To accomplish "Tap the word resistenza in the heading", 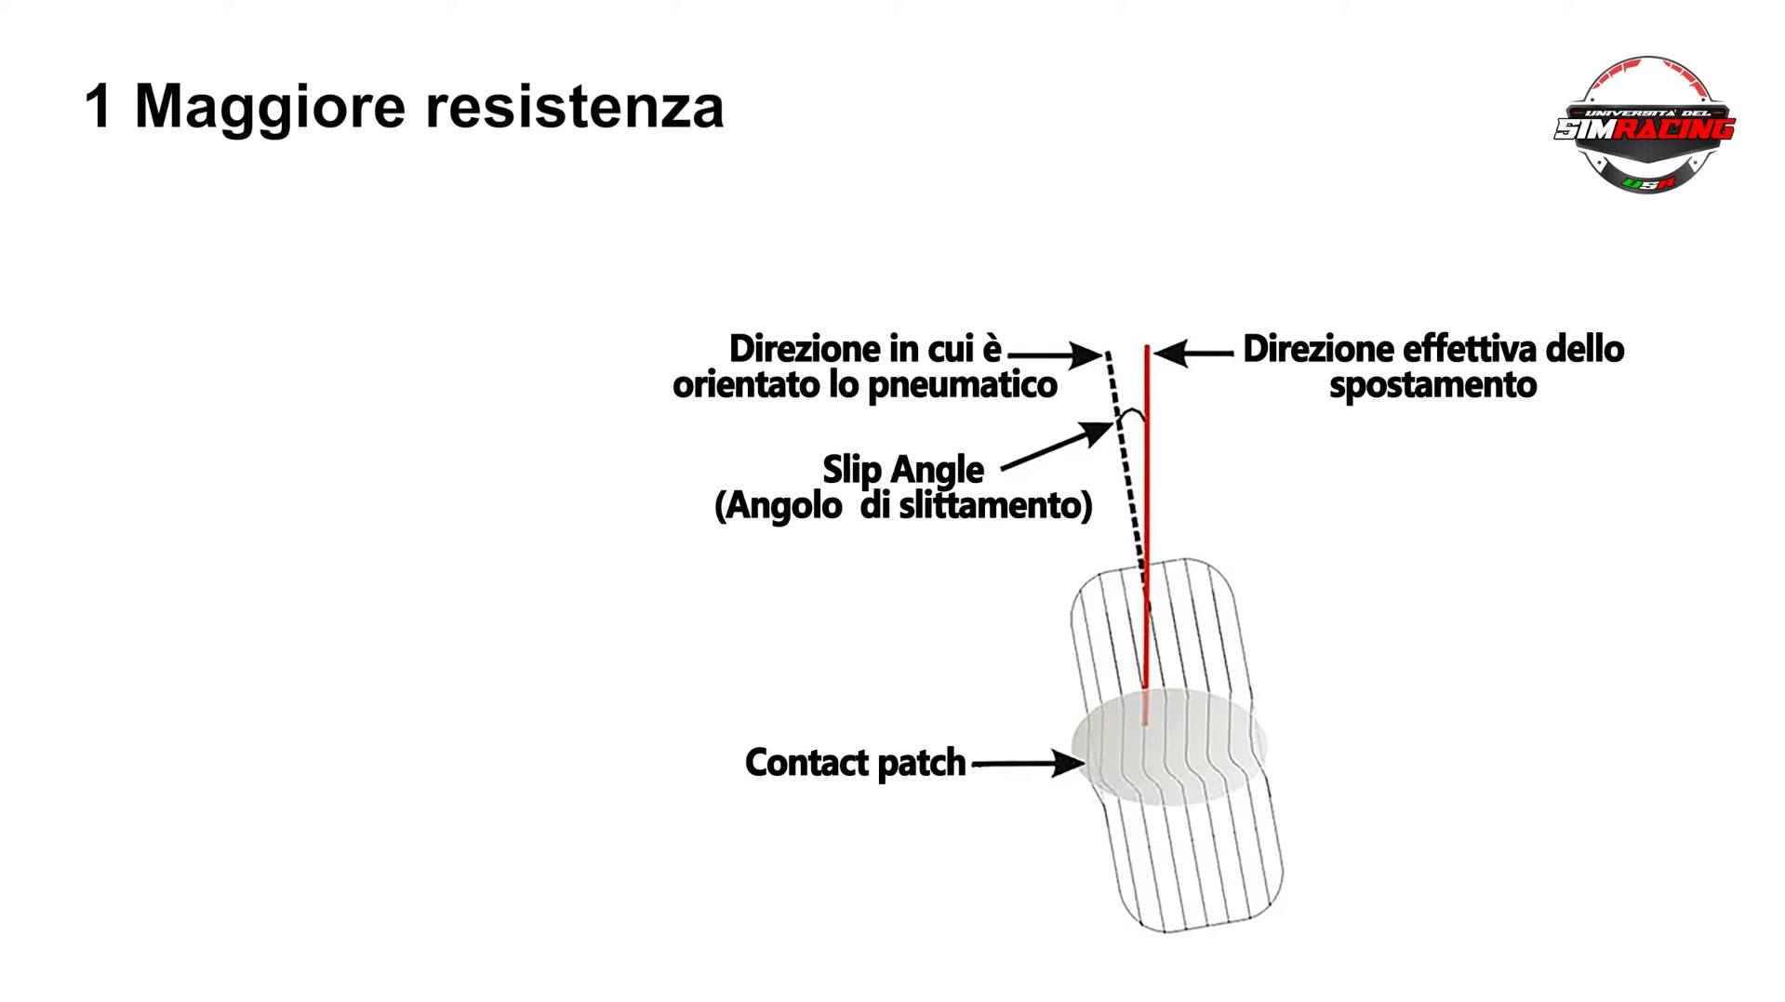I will [x=574, y=106].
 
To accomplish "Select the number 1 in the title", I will [x=98, y=106].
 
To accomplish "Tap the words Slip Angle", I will [x=902, y=470].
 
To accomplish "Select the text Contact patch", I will [x=855, y=763].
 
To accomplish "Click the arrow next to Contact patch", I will [x=1028, y=764].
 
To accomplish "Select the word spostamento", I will [x=1432, y=385].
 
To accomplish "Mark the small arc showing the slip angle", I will [x=1132, y=415].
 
